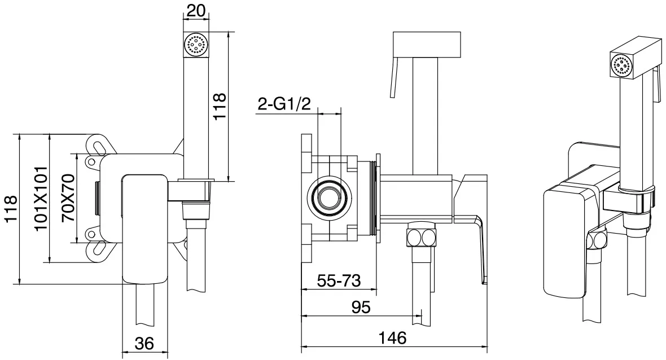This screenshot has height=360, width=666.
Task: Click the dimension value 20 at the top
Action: click(196, 10)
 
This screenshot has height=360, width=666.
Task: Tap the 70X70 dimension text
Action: click(68, 199)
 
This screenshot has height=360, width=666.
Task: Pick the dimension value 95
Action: click(361, 307)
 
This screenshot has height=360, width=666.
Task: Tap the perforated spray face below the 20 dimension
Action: click(196, 44)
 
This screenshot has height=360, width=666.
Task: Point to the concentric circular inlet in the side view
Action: click(329, 199)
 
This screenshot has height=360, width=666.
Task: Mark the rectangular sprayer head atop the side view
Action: click(428, 44)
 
